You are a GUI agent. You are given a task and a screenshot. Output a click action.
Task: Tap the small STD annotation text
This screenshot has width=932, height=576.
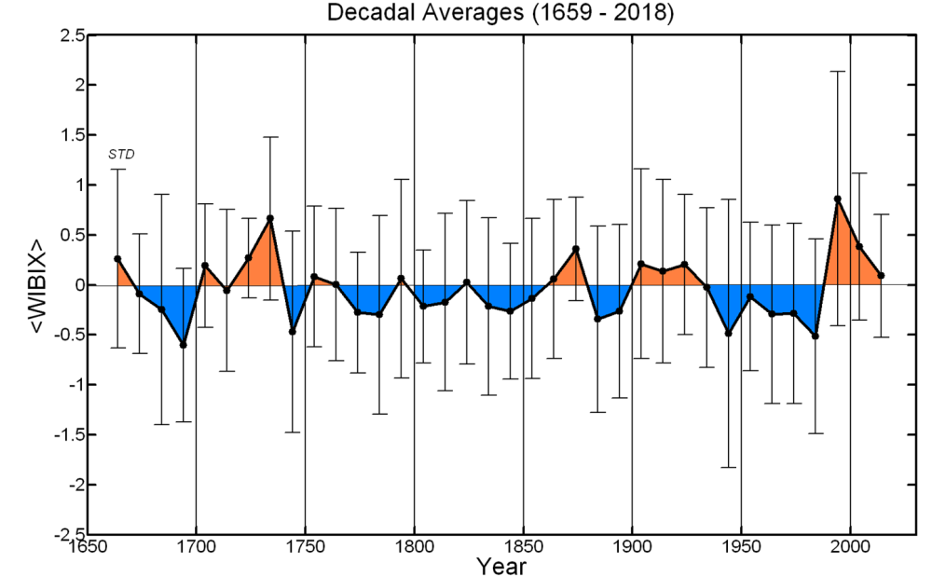point(122,154)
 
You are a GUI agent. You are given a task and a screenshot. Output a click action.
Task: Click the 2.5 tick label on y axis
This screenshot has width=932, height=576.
point(73,35)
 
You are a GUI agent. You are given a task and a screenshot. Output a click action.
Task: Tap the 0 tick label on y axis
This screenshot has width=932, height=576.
point(78,285)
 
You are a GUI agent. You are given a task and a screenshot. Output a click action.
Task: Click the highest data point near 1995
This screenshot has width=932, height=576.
point(837,199)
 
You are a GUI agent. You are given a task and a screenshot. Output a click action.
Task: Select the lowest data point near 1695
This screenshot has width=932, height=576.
point(184,345)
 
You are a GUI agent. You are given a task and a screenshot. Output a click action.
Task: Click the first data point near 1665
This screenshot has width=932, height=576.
point(117,258)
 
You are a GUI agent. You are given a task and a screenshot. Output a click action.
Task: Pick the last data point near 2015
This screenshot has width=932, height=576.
point(881,276)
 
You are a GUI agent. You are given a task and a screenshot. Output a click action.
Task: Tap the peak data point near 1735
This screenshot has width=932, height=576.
point(270,218)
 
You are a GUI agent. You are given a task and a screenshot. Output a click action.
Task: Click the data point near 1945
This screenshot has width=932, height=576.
point(728,333)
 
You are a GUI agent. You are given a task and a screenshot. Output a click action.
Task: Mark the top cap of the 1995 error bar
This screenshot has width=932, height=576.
point(837,71)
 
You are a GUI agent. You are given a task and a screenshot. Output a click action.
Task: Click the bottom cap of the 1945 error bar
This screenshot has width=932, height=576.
point(728,467)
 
